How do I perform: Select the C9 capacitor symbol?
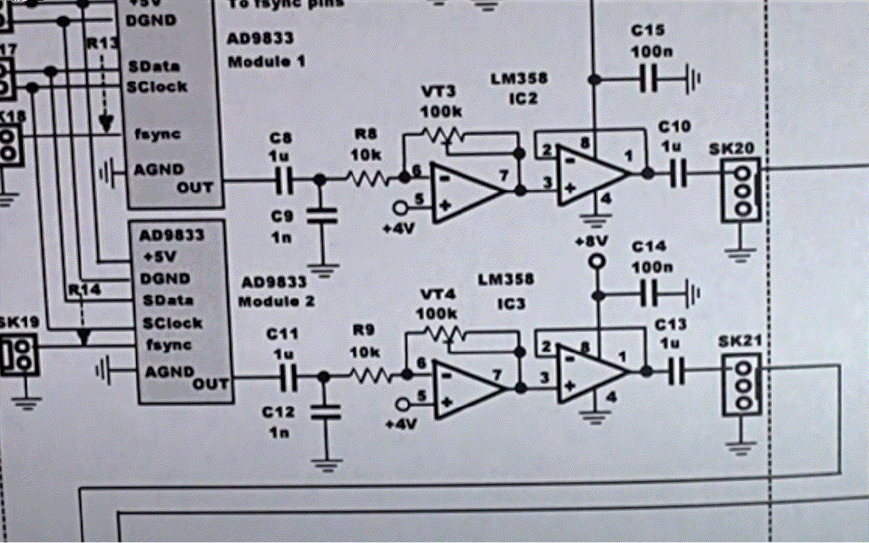click(322, 216)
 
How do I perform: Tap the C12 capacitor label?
click(280, 412)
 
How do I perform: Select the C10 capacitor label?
click(674, 126)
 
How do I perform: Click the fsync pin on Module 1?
click(158, 134)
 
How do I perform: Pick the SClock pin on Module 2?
click(172, 322)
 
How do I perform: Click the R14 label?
click(84, 291)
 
